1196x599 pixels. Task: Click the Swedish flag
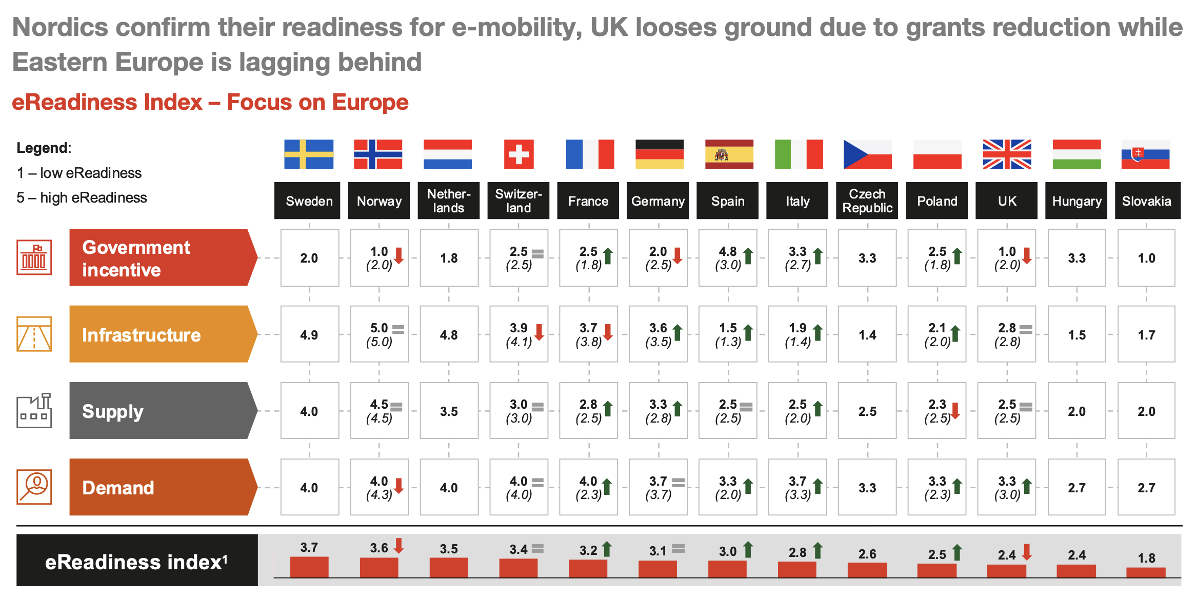tap(309, 154)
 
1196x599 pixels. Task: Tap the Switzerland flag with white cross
tap(519, 154)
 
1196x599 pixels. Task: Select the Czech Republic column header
tap(867, 201)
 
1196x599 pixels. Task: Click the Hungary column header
tap(1077, 201)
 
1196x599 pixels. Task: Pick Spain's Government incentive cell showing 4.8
tap(728, 258)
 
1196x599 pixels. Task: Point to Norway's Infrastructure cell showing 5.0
tap(380, 335)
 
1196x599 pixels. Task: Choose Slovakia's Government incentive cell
tap(1146, 258)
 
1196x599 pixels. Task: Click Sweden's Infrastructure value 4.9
tap(309, 335)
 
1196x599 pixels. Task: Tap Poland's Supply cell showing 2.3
tap(937, 411)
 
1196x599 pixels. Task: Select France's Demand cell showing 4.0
tap(588, 487)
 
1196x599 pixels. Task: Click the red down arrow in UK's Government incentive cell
tap(1027, 255)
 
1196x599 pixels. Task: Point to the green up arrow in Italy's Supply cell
tap(818, 408)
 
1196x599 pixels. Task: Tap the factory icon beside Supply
tap(34, 410)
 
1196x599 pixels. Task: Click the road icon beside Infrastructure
tap(34, 334)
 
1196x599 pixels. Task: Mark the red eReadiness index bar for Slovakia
tap(1146, 572)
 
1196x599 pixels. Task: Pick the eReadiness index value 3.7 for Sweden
tap(309, 547)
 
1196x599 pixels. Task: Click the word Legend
tap(43, 148)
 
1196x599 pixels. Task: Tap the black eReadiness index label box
tap(137, 561)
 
